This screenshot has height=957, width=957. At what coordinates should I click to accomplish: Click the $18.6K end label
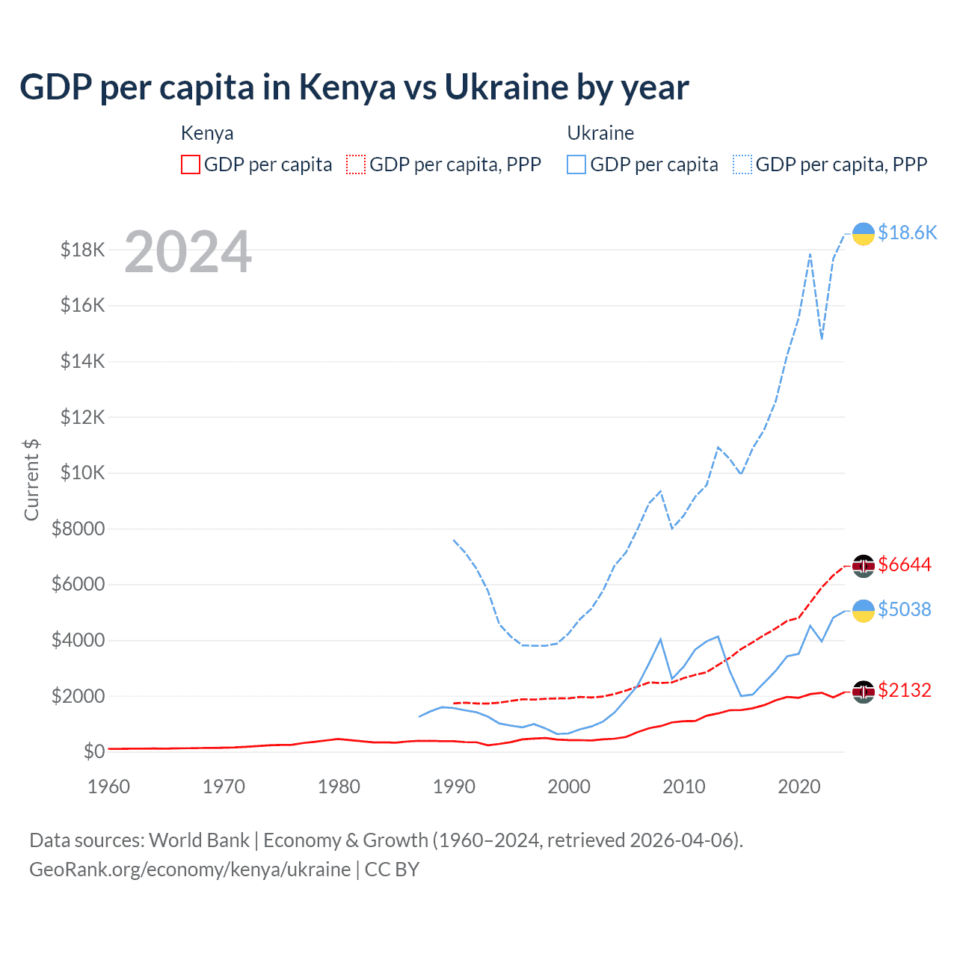pyautogui.click(x=907, y=233)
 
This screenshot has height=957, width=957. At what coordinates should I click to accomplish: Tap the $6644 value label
pyautogui.click(x=905, y=564)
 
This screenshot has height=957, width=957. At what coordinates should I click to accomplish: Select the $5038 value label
pyautogui.click(x=905, y=610)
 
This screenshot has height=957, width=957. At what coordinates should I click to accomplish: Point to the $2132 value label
pyautogui.click(x=905, y=690)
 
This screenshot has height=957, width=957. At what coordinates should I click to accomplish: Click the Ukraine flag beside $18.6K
pyautogui.click(x=864, y=234)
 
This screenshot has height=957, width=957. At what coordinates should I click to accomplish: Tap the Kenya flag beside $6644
pyautogui.click(x=864, y=566)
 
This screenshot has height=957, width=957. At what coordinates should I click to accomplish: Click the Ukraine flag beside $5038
pyautogui.click(x=864, y=611)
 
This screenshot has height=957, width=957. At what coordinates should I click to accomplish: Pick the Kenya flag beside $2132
pyautogui.click(x=864, y=692)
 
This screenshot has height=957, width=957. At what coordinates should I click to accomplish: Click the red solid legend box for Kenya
pyautogui.click(x=191, y=164)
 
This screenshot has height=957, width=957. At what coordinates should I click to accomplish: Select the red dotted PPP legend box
pyautogui.click(x=356, y=164)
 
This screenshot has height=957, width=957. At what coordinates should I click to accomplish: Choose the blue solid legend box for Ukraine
pyautogui.click(x=576, y=164)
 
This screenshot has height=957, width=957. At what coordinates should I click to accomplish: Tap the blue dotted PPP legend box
pyautogui.click(x=742, y=164)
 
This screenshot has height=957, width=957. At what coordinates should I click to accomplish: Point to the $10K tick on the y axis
pyautogui.click(x=83, y=473)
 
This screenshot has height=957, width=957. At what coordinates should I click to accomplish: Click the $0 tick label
pyautogui.click(x=94, y=751)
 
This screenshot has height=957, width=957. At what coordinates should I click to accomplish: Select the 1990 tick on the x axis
pyautogui.click(x=454, y=787)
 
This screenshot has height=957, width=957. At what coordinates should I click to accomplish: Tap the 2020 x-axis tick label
pyautogui.click(x=799, y=787)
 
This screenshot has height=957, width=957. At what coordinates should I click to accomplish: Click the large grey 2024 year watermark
pyautogui.click(x=188, y=252)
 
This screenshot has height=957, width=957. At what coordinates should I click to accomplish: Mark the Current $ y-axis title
pyautogui.click(x=31, y=479)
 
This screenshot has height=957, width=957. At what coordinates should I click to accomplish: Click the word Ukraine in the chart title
pyautogui.click(x=506, y=87)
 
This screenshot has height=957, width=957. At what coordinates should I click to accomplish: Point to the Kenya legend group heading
pyautogui.click(x=207, y=133)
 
